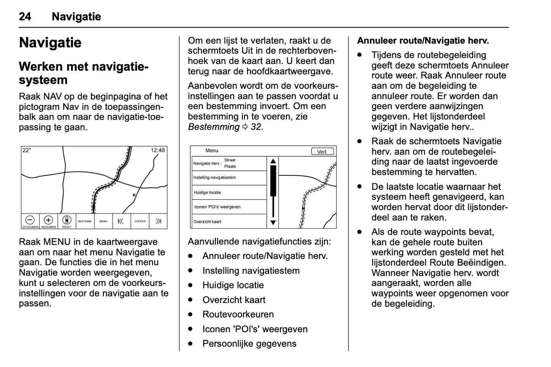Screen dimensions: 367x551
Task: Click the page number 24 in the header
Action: (x=25, y=16)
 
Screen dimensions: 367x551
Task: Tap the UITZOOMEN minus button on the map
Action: (x=30, y=221)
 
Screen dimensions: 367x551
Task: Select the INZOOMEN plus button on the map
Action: (x=48, y=221)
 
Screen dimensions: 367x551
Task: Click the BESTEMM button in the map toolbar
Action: (x=85, y=221)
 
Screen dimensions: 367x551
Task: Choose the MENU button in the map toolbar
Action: (x=103, y=221)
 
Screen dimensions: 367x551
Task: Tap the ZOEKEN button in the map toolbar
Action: (x=140, y=221)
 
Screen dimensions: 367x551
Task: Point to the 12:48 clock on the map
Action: (x=157, y=150)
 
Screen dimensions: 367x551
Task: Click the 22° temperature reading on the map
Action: (x=27, y=150)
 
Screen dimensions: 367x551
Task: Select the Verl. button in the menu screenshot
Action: (x=323, y=151)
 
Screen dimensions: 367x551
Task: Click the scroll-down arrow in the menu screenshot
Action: (x=273, y=223)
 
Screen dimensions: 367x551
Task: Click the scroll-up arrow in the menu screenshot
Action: (x=273, y=161)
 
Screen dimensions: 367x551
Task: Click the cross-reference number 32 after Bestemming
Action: (x=256, y=127)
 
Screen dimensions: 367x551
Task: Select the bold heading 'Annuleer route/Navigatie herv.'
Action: (x=423, y=41)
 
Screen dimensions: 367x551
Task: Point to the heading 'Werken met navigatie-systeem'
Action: (x=84, y=73)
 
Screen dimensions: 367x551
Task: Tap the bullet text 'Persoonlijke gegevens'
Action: (x=249, y=344)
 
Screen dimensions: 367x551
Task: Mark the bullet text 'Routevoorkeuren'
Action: (x=238, y=314)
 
